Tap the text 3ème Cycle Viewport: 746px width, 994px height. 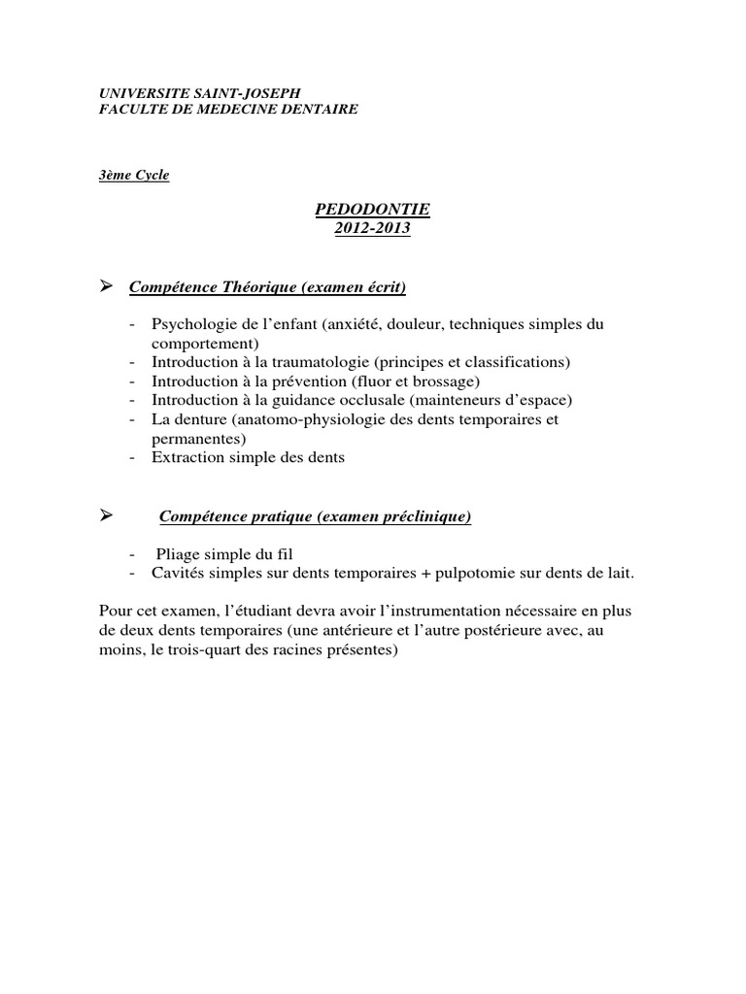click(x=134, y=175)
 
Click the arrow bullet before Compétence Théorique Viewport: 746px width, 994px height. click(x=107, y=286)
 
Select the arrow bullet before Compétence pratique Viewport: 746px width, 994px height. click(x=107, y=516)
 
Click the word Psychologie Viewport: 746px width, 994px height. click(x=189, y=323)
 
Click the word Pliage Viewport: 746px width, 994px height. click(x=179, y=553)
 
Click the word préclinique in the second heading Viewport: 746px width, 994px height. click(x=427, y=517)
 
